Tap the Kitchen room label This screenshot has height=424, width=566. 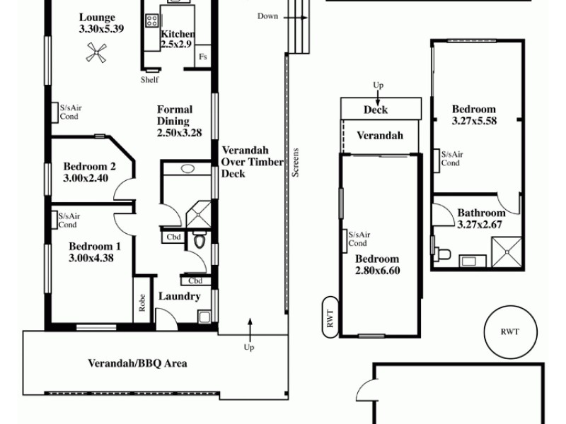click(178, 34)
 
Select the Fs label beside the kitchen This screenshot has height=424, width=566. click(203, 57)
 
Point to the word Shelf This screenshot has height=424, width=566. click(149, 80)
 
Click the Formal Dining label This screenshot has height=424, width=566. click(173, 121)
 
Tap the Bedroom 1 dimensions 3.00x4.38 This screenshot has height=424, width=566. click(91, 258)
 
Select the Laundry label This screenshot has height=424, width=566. click(179, 297)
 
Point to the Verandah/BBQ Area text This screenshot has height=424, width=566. click(137, 364)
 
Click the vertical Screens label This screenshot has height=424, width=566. click(296, 162)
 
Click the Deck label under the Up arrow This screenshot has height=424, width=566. click(376, 110)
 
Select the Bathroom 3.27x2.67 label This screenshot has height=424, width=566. click(481, 218)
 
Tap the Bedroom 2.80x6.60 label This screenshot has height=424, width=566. click(377, 264)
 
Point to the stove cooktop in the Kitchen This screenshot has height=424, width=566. click(151, 21)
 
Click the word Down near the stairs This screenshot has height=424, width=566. click(267, 16)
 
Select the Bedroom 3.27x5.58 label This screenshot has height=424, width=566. click(474, 115)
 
